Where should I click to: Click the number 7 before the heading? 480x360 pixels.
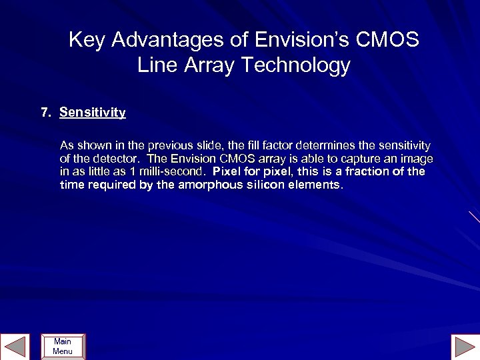(x=45, y=113)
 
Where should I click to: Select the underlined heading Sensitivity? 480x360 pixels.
(x=92, y=113)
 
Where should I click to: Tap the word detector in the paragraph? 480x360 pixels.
(x=116, y=159)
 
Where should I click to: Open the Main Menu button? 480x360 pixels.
(x=63, y=347)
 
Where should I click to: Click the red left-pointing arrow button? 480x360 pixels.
(x=15, y=347)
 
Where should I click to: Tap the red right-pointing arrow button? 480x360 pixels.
(x=464, y=347)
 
